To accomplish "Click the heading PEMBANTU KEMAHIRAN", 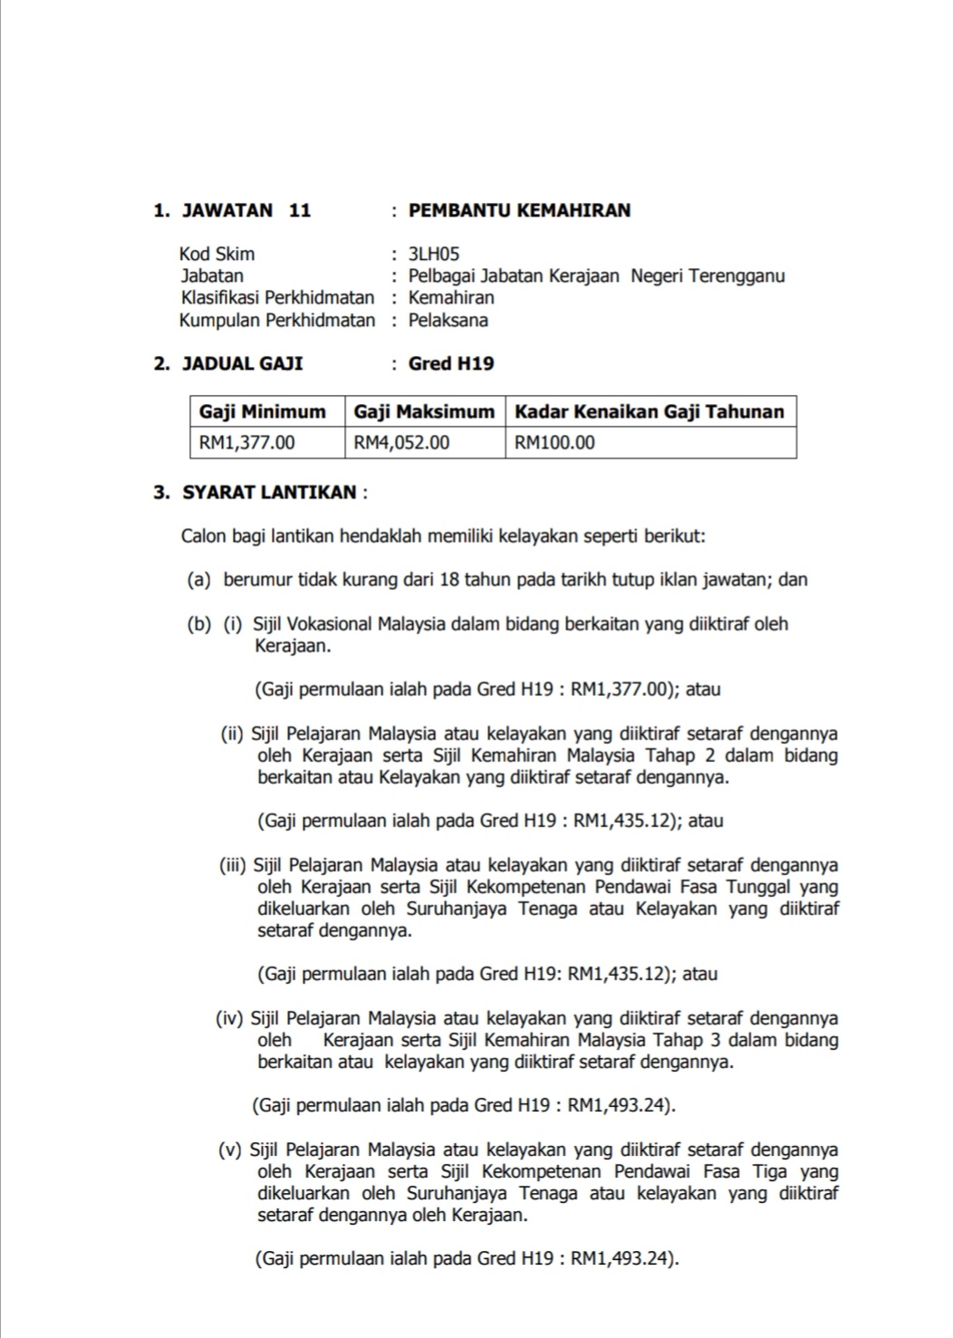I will pyautogui.click(x=519, y=211).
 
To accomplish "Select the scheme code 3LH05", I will pyautogui.click(x=434, y=255).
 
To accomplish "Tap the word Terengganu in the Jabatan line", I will pyautogui.click(x=736, y=276).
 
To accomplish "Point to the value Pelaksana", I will pyautogui.click(x=448, y=321).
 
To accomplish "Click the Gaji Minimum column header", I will pyautogui.click(x=262, y=412).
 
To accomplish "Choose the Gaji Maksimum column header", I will pyautogui.click(x=424, y=412).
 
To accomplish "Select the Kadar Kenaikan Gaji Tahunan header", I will pyautogui.click(x=649, y=412).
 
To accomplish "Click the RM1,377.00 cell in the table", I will pyautogui.click(x=246, y=443).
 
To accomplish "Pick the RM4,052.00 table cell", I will pyautogui.click(x=401, y=443).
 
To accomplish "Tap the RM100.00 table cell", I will pyautogui.click(x=554, y=443).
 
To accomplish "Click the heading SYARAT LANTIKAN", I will pyautogui.click(x=269, y=493).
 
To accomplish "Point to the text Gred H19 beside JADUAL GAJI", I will pyautogui.click(x=451, y=364).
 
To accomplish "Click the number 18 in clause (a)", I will pyautogui.click(x=449, y=580).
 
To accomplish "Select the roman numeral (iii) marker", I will pyautogui.click(x=232, y=866).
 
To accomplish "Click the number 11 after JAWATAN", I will pyautogui.click(x=300, y=211).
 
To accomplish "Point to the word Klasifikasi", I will pyautogui.click(x=219, y=298).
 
